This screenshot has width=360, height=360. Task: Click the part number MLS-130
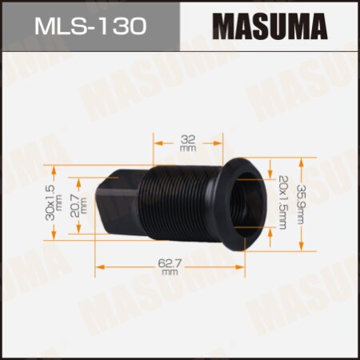90,26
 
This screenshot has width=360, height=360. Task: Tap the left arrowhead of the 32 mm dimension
155,142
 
